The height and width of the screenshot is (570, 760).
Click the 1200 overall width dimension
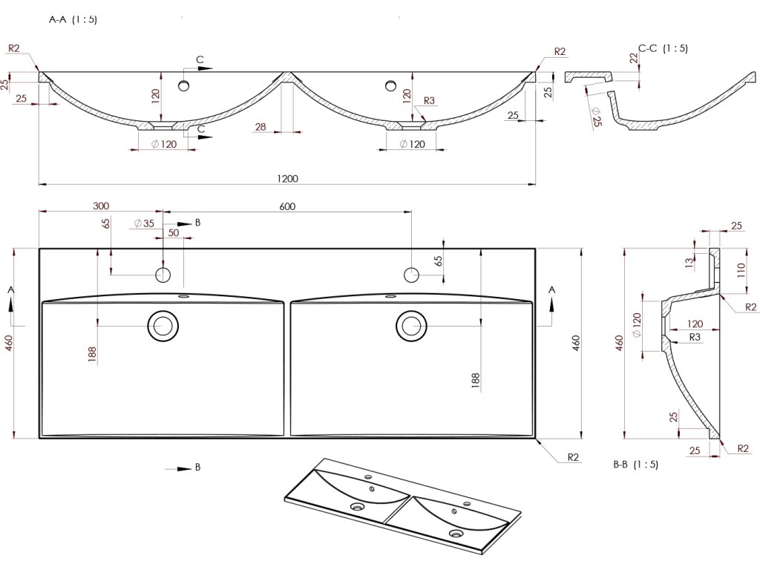click(287, 178)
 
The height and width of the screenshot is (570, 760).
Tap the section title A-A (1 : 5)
click(73, 20)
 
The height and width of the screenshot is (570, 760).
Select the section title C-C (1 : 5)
click(664, 48)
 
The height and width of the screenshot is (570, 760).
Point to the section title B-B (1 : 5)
click(635, 465)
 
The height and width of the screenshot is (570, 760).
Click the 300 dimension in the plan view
click(102, 206)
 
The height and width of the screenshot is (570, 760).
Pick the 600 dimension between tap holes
click(287, 206)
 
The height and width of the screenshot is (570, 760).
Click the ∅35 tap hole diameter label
click(144, 223)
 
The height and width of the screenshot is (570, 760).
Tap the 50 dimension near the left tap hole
click(173, 233)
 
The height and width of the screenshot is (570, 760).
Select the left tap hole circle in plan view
click(163, 275)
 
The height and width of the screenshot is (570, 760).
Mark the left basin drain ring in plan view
click(163, 325)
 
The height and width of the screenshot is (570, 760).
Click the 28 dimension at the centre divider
click(261, 127)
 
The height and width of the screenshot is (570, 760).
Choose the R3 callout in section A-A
click(428, 100)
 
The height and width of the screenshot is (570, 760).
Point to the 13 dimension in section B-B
click(689, 261)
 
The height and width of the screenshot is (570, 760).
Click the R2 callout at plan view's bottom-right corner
click(573, 457)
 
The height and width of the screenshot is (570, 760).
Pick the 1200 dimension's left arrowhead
click(42, 184)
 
